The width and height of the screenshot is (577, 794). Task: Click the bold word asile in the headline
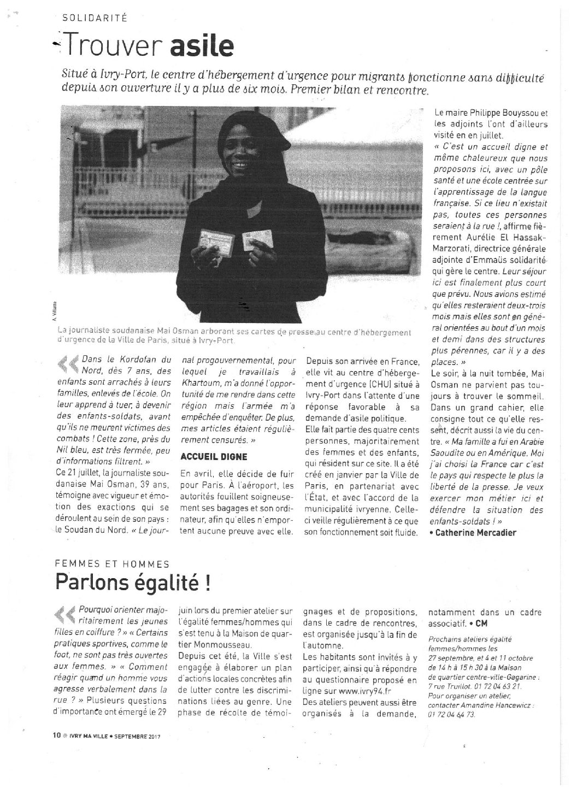(202, 47)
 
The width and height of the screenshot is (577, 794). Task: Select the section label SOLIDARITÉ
(95, 17)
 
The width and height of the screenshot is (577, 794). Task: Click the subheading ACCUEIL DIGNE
(214, 456)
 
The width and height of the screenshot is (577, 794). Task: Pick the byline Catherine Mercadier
(478, 532)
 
